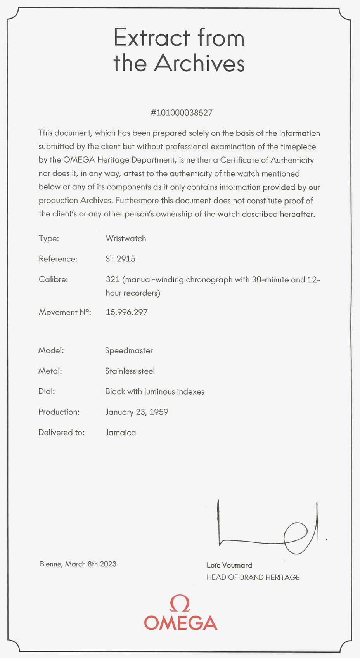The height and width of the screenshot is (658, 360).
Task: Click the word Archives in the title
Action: coord(199,63)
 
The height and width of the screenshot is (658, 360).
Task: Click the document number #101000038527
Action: coord(182,113)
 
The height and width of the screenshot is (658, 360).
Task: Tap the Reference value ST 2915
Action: coord(120,259)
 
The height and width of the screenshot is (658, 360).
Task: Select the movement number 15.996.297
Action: coord(126,312)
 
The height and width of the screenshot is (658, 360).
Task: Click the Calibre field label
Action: coord(53,279)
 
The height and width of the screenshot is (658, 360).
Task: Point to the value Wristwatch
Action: coord(126,239)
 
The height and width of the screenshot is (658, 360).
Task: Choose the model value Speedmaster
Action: coord(129,351)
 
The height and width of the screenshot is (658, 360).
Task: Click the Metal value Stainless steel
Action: coord(130,371)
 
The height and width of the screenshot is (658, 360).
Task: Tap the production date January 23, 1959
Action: coord(137,412)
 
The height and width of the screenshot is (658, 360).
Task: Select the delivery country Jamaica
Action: coord(120,433)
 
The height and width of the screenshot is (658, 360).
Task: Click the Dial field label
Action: coord(47,391)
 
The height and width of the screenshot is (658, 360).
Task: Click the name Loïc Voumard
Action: coord(229,565)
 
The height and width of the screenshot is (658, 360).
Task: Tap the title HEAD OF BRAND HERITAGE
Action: coord(253,577)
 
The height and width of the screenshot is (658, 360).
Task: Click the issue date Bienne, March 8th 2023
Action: coord(78,564)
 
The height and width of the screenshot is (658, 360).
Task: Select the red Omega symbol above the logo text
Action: coord(180,604)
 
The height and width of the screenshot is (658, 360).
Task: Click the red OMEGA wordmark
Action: coord(180,623)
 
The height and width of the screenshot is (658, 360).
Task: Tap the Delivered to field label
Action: coord(61,433)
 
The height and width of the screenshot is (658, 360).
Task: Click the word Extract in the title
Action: coord(152,38)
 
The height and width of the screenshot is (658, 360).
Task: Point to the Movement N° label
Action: coord(65,312)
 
